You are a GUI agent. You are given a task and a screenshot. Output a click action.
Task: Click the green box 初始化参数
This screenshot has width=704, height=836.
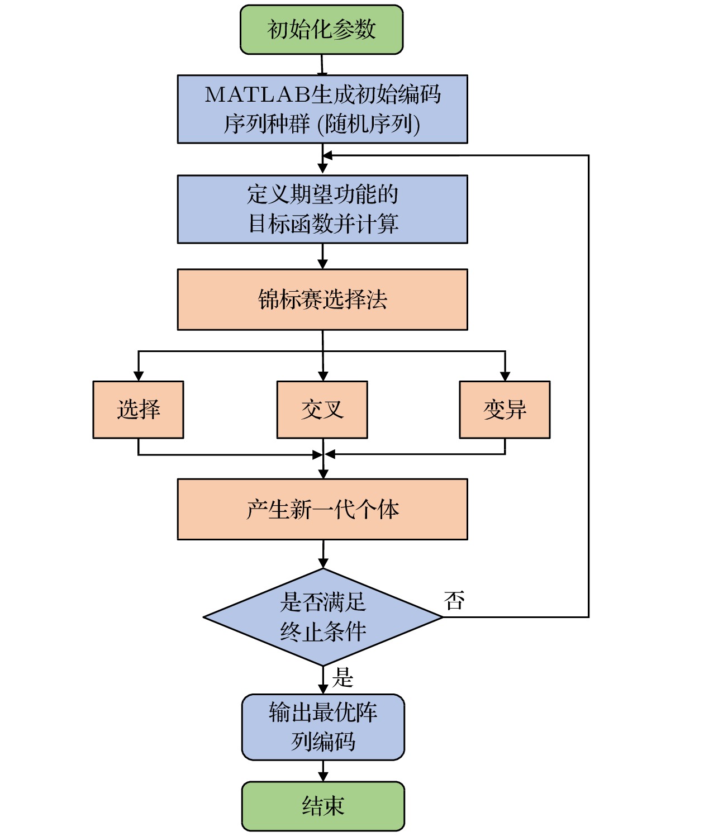click(321, 30)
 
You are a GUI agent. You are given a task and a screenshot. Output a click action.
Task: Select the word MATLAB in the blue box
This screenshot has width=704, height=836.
click(257, 95)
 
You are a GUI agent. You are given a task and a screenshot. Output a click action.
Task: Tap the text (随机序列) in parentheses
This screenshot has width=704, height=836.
click(369, 124)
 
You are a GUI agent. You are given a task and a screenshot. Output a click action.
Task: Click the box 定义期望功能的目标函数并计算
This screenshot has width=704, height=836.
click(322, 209)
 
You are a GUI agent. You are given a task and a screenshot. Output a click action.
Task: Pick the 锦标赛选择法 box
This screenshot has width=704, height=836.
click(322, 300)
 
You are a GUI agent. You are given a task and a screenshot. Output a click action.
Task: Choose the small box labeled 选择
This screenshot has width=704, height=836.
click(138, 410)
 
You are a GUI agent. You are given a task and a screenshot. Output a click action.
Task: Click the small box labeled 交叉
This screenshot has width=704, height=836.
click(322, 410)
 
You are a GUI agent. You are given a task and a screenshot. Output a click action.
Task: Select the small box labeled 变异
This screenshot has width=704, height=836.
click(505, 410)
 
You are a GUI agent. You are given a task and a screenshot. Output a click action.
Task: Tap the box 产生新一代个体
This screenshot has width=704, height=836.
click(322, 509)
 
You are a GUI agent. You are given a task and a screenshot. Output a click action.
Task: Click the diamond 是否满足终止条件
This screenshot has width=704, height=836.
click(323, 617)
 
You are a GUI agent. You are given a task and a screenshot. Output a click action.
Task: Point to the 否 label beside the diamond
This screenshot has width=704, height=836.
click(454, 601)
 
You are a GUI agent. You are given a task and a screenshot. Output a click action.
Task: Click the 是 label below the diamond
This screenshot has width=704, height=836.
click(343, 677)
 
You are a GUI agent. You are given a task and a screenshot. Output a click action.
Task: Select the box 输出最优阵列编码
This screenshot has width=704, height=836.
click(323, 727)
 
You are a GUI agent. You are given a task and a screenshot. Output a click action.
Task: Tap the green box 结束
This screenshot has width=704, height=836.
click(323, 806)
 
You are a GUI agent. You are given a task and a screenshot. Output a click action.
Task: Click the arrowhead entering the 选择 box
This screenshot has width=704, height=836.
click(138, 376)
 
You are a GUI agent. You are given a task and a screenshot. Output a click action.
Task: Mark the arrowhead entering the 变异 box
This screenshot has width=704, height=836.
click(505, 376)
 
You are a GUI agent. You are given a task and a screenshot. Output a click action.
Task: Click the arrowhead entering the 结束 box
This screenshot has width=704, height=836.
click(323, 776)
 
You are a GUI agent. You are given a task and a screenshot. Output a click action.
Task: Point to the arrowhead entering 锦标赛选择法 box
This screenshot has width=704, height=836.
click(322, 264)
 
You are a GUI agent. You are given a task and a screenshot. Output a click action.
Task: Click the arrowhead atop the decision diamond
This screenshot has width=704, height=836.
click(323, 563)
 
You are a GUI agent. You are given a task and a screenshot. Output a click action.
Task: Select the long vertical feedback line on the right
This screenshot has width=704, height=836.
click(588, 386)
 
